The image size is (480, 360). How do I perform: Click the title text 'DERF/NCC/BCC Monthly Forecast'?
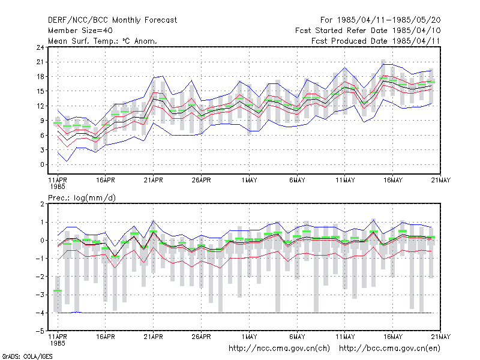point(112,20)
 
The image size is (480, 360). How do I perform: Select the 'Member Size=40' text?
point(80,31)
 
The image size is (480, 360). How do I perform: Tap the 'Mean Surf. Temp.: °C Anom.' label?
point(102,41)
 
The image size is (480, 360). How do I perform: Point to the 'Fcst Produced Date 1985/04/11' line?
point(376,41)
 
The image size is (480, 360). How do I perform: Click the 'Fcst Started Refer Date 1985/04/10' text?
point(368,31)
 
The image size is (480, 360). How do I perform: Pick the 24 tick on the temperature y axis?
point(40,47)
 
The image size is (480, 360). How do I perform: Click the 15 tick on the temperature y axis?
point(40,91)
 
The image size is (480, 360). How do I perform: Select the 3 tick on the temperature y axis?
point(42,150)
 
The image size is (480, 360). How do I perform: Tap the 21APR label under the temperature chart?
point(154,180)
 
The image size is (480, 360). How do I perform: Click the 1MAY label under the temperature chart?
point(249,180)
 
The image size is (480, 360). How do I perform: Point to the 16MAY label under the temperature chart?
point(393,180)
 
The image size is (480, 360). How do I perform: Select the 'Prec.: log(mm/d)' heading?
point(82,198)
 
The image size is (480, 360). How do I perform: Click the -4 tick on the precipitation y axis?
point(40,313)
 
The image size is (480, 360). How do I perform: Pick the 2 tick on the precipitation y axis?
point(42,204)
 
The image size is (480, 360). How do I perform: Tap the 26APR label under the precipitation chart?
point(201,337)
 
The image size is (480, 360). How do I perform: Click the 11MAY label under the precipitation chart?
point(345,337)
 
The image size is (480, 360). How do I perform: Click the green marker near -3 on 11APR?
point(58,290)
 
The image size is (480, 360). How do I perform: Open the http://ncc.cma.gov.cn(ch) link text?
point(279,349)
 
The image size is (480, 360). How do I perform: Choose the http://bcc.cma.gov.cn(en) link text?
point(389,349)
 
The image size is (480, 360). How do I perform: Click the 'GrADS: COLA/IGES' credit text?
point(27,356)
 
